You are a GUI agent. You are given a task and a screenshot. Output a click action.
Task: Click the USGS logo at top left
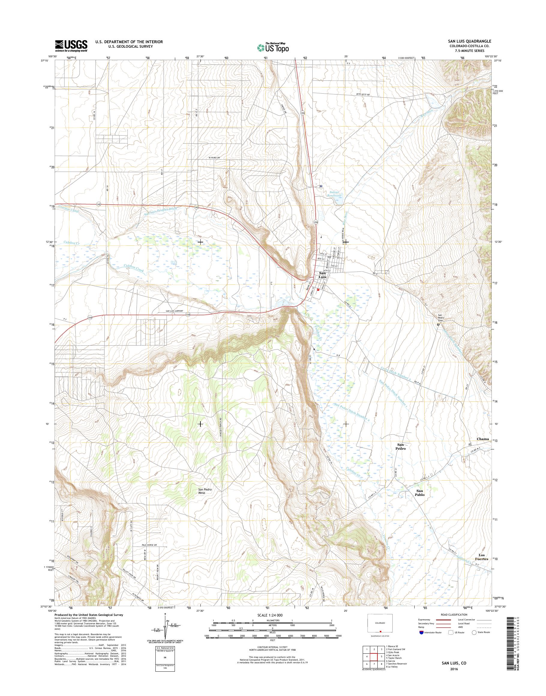click(x=71, y=46)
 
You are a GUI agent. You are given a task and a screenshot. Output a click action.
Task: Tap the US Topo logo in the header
click(x=273, y=47)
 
